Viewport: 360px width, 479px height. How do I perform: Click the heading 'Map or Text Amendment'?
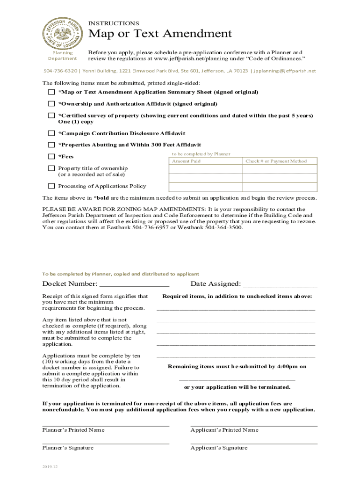pyautogui.click(x=160, y=34)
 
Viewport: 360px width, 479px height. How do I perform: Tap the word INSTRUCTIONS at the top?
pyautogui.click(x=114, y=23)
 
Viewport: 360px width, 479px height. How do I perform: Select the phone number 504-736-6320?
pyautogui.click(x=60, y=71)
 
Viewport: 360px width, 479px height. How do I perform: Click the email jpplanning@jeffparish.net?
pyautogui.click(x=285, y=71)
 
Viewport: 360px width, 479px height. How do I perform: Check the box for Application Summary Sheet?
pyautogui.click(x=51, y=92)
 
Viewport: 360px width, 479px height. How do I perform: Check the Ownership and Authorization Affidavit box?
pyautogui.click(x=51, y=104)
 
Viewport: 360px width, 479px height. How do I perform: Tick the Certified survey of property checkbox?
pyautogui.click(x=51, y=116)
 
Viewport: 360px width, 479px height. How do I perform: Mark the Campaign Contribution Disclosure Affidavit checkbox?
pyautogui.click(x=51, y=133)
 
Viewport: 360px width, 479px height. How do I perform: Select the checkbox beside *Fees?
pyautogui.click(x=51, y=156)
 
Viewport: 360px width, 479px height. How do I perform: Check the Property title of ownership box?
pyautogui.click(x=51, y=168)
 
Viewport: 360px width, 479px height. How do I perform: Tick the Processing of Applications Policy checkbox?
pyautogui.click(x=51, y=186)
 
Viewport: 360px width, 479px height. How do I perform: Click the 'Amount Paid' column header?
pyautogui.click(x=186, y=161)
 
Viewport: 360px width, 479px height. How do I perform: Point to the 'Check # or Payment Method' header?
pyautogui.click(x=276, y=161)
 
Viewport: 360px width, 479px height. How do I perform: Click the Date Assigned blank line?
pyautogui.click(x=280, y=284)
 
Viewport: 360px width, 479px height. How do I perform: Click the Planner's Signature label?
pyautogui.click(x=68, y=448)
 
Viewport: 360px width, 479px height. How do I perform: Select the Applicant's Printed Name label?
pyautogui.click(x=224, y=430)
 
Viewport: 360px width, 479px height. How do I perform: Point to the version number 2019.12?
pyautogui.click(x=50, y=467)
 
